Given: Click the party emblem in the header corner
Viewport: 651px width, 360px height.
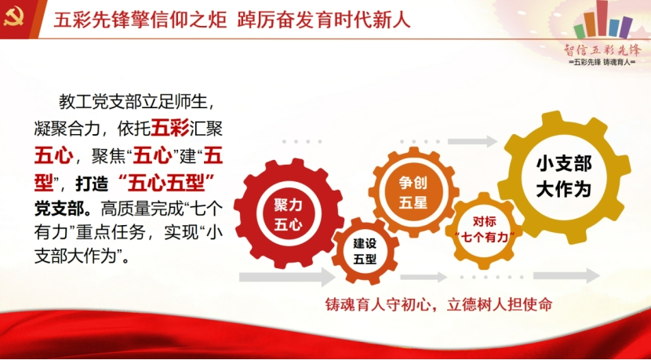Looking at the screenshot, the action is coord(13,18).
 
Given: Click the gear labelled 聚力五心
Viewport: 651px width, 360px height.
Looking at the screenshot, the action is coord(289,213).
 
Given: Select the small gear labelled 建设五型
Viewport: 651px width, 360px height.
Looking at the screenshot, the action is coord(365,251).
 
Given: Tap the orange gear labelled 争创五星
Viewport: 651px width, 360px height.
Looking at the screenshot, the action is coord(413,192).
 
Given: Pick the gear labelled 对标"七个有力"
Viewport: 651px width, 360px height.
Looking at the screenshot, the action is coord(484,230).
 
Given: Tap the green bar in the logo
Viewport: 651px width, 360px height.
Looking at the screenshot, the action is coord(579,31).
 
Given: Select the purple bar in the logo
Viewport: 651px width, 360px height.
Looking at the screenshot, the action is coord(627,27).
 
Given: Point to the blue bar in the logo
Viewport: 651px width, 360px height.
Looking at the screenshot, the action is coord(614,27).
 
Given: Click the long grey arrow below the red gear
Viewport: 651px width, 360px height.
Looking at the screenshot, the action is coord(287,277).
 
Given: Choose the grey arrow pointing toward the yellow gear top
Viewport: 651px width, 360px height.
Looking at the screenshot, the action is coord(472,141).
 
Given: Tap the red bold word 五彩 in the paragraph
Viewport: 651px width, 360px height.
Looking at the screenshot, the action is coord(170,128).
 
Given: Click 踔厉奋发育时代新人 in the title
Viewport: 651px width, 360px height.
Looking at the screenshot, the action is coord(324,20).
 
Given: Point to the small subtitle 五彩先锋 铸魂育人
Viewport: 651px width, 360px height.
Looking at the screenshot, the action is coord(602,62).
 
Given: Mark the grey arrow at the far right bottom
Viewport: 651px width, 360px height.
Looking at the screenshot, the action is coord(567,275).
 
